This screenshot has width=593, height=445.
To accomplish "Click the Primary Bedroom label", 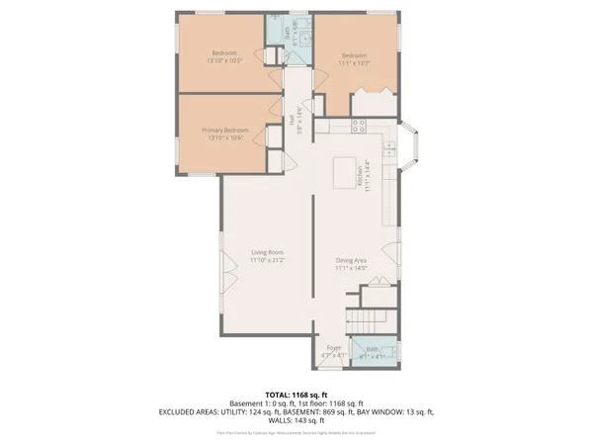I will coord(224,131).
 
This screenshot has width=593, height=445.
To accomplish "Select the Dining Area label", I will coord(351,260).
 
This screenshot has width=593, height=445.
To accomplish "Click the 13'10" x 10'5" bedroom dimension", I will coord(224,61).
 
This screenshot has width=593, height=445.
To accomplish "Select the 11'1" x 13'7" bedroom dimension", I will coord(355,61).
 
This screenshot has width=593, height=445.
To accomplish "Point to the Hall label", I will coord(294,120).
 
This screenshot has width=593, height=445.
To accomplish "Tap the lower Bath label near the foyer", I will coord(372,349).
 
